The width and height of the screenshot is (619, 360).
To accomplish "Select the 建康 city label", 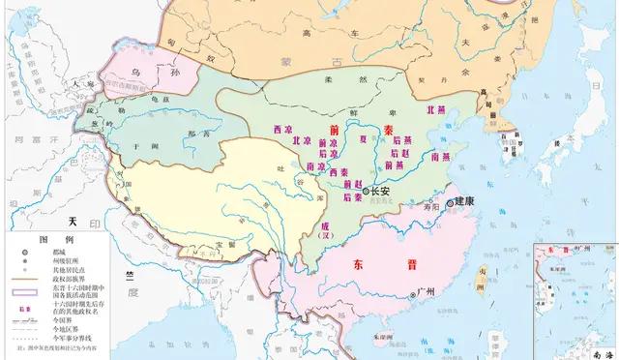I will click(x=466, y=202).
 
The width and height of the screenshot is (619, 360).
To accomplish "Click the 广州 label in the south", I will click(x=423, y=291).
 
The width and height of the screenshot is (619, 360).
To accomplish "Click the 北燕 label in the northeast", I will click(x=436, y=111).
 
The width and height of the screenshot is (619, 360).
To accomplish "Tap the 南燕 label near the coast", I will click(x=440, y=155).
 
